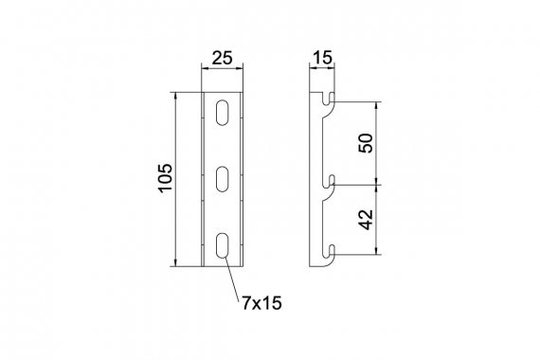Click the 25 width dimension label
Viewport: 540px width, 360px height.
[222, 58]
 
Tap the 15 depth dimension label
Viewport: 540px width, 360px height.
[322, 57]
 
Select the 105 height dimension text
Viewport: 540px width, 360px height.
[165, 178]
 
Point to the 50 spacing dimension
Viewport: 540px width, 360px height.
[366, 143]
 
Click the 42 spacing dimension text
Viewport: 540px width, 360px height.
[366, 219]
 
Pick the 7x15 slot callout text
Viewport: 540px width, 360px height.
[261, 303]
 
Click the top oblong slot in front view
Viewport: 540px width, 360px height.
[222, 113]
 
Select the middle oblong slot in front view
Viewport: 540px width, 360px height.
[222, 179]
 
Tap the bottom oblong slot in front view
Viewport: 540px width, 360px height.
[222, 245]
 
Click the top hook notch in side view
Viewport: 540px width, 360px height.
[329, 99]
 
